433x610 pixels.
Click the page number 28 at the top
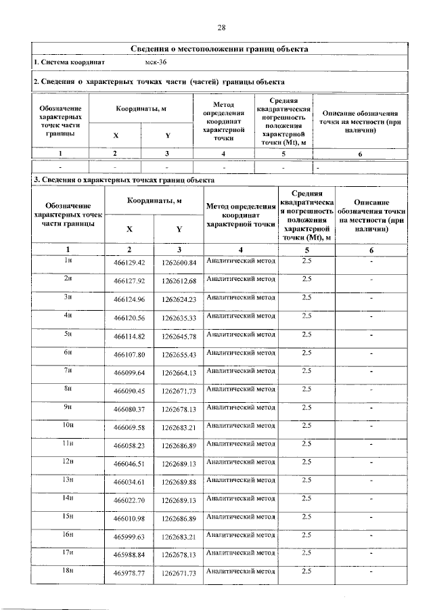[221, 28]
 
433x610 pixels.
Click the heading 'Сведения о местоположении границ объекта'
[220, 49]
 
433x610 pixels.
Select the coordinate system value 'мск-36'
[156, 63]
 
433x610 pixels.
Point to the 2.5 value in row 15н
[306, 516]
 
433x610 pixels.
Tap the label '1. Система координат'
[69, 63]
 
